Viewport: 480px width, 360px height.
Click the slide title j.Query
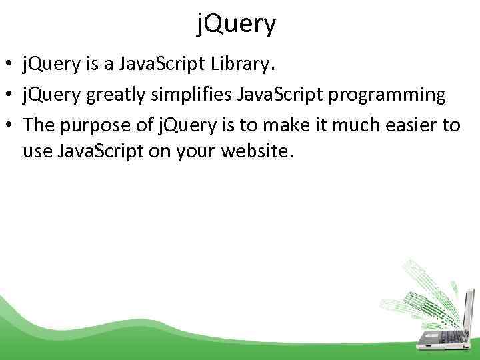[x=237, y=25]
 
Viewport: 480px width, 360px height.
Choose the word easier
[x=407, y=125]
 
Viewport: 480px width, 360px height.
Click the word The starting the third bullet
[x=39, y=125]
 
